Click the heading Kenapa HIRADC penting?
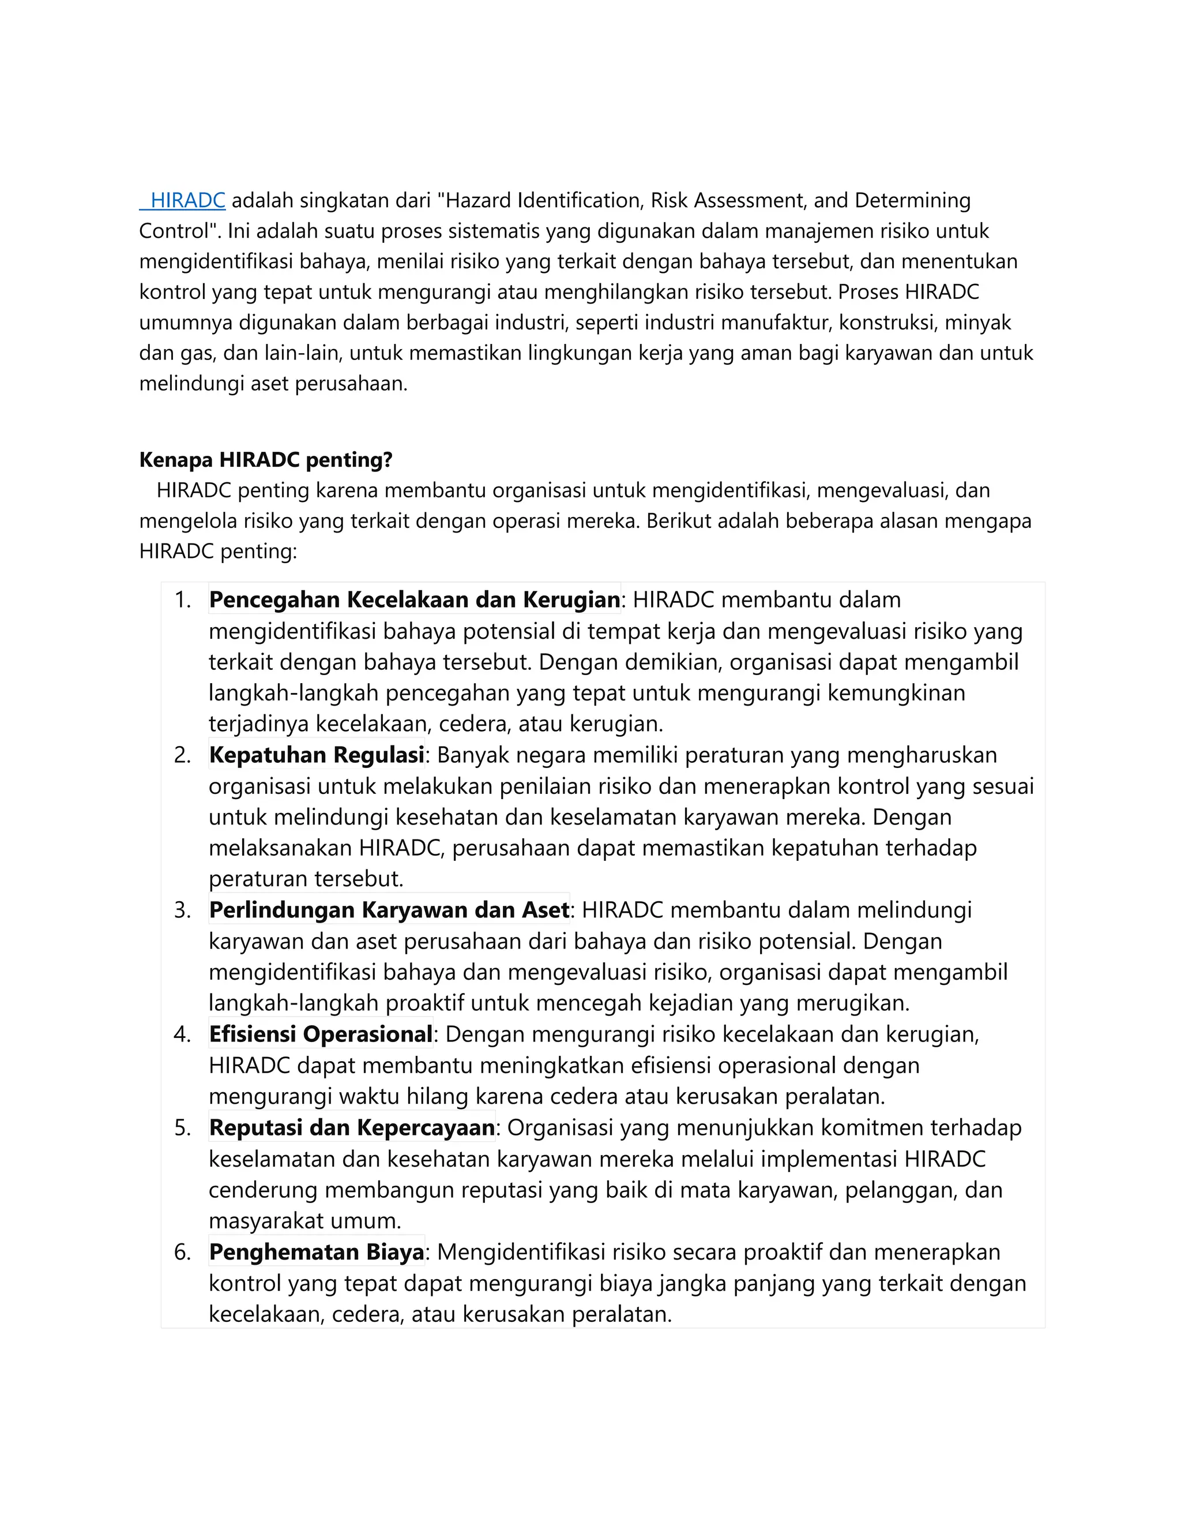[x=266, y=460]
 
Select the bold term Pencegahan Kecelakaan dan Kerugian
[x=414, y=599]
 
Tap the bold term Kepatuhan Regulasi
[x=316, y=755]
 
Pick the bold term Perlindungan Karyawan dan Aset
[x=389, y=909]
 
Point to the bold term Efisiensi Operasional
[x=321, y=1034]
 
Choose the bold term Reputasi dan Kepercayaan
[x=352, y=1127]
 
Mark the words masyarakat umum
[x=305, y=1221]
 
